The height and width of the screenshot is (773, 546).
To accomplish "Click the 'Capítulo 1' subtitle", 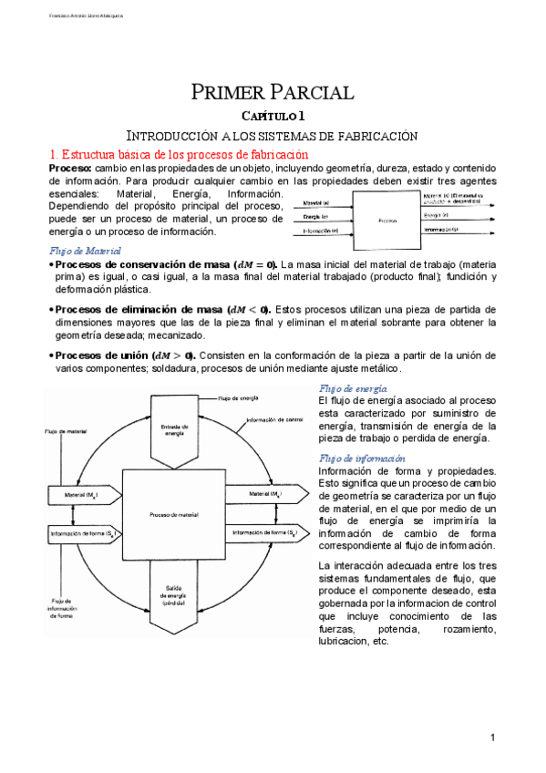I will click(x=272, y=116).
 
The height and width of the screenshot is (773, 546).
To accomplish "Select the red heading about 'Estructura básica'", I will click(x=178, y=155).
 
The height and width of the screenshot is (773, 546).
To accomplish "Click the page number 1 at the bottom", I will click(x=491, y=737).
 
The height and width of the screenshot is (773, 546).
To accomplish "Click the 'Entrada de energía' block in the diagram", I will click(x=171, y=429).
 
